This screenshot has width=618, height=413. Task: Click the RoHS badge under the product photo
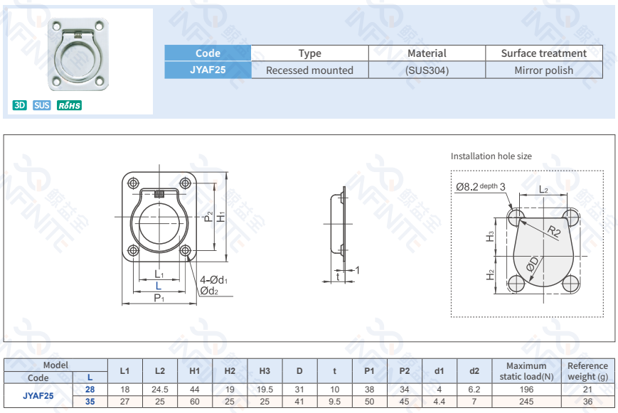click(x=69, y=106)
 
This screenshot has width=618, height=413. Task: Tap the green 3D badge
click(x=20, y=106)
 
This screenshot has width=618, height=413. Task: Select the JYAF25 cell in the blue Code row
click(x=208, y=70)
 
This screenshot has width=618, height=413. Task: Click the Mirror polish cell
click(x=543, y=70)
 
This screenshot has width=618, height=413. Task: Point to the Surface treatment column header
click(x=543, y=53)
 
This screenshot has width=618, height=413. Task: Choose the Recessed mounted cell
click(x=309, y=70)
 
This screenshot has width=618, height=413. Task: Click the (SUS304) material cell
click(x=427, y=70)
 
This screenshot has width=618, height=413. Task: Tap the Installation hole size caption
click(x=491, y=156)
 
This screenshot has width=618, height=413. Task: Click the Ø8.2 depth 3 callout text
click(x=481, y=187)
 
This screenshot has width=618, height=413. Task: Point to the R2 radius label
click(x=555, y=231)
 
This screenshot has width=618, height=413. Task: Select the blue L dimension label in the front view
click(x=159, y=286)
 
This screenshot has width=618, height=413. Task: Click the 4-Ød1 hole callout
click(x=213, y=279)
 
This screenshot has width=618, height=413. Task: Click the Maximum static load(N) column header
click(x=526, y=371)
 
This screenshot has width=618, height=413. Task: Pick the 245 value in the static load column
click(x=526, y=402)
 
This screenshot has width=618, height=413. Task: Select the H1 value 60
click(x=194, y=402)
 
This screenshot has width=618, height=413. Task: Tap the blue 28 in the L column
click(x=90, y=390)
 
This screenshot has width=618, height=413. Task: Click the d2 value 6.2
click(x=474, y=390)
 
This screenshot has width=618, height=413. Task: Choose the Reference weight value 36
click(x=587, y=402)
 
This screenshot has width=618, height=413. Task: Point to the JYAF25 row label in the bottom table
click(x=38, y=395)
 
